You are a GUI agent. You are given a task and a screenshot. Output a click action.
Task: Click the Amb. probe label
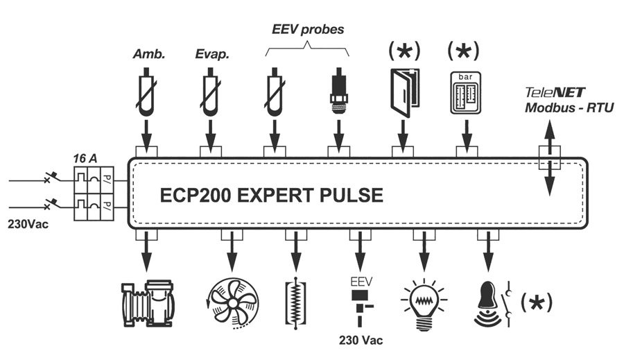click(149, 55)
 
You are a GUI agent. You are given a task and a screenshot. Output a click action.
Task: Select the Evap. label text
click(212, 55)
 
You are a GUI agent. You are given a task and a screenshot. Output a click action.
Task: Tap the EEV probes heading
click(307, 30)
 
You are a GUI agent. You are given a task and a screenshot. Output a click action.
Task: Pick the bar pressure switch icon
click(466, 92)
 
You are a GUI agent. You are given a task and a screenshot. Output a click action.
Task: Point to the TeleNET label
click(555, 92)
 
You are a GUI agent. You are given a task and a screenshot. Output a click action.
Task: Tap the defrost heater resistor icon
click(296, 300)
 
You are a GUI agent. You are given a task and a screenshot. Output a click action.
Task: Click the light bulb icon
click(423, 300)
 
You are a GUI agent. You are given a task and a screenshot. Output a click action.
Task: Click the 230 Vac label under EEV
click(361, 341)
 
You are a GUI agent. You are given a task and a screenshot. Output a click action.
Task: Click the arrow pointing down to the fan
click(232, 251)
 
